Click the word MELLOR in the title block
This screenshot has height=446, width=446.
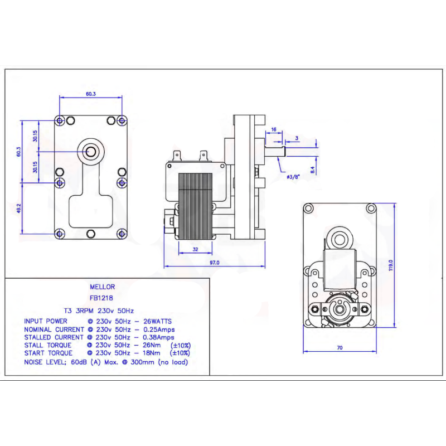pyautogui.click(x=102, y=287)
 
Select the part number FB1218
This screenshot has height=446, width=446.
pyautogui.click(x=102, y=298)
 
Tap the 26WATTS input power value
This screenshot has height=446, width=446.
pyautogui.click(x=157, y=321)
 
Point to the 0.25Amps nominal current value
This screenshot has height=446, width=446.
pyautogui.click(x=159, y=329)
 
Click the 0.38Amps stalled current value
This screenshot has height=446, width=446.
pyautogui.click(x=159, y=337)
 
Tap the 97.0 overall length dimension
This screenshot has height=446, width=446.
pyautogui.click(x=214, y=262)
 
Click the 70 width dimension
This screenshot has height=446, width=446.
pyautogui.click(x=340, y=348)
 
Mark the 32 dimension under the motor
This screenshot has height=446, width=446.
pyautogui.click(x=195, y=249)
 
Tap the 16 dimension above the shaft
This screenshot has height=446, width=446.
pyautogui.click(x=273, y=129)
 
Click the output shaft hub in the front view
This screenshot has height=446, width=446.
pyautogui.click(x=91, y=151)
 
